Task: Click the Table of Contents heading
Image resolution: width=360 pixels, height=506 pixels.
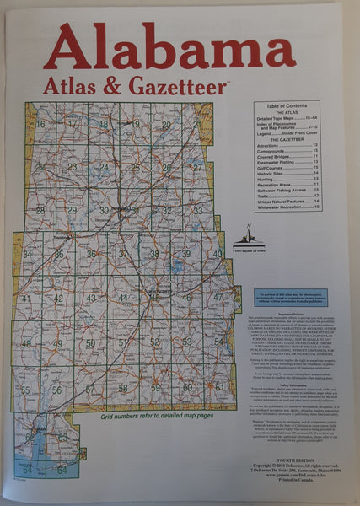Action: click(290, 105)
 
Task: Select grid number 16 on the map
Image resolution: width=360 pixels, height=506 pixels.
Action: click(40, 124)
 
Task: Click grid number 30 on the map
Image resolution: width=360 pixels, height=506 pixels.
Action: click(104, 210)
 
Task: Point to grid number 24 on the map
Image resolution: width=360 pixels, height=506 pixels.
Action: click(104, 166)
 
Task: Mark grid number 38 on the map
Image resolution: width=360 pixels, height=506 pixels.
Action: click(154, 254)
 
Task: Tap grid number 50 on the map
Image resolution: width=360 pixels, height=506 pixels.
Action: click(90, 343)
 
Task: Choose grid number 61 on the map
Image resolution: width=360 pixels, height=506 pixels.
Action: click(219, 386)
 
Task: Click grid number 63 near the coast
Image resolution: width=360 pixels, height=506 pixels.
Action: click(62, 437)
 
